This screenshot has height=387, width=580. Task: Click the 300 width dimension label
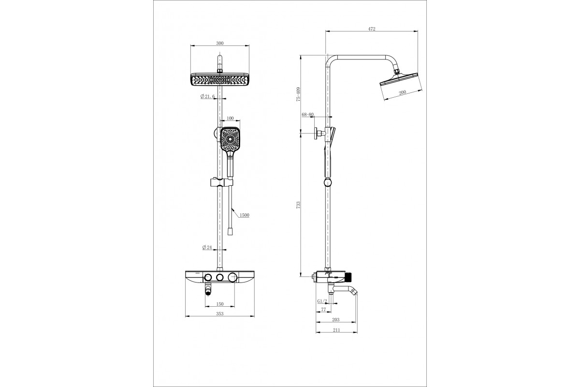[219, 43]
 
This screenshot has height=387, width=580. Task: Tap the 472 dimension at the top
[372, 29]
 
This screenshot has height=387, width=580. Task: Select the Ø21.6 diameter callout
[208, 96]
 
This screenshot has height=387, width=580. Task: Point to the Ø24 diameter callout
[207, 247]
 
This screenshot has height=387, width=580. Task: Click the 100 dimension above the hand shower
[230, 119]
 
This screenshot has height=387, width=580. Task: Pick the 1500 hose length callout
[245, 215]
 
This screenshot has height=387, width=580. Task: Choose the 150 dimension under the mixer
[219, 304]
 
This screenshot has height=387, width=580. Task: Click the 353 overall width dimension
[219, 313]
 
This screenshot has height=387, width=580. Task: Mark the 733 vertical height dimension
[298, 205]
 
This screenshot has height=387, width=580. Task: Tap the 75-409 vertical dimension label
[298, 94]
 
